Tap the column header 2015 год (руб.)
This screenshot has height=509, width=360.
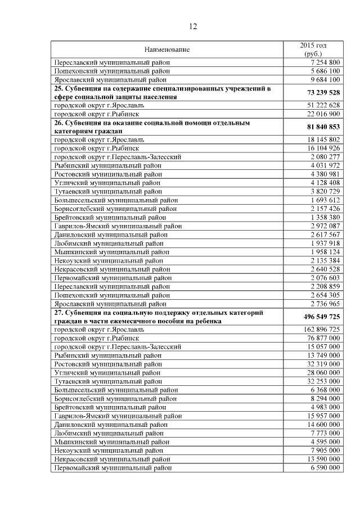[x=313, y=49]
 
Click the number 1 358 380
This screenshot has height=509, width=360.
[x=325, y=217]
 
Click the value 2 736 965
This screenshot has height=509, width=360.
[x=325, y=303]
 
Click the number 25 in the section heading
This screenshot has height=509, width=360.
[x=58, y=88]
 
